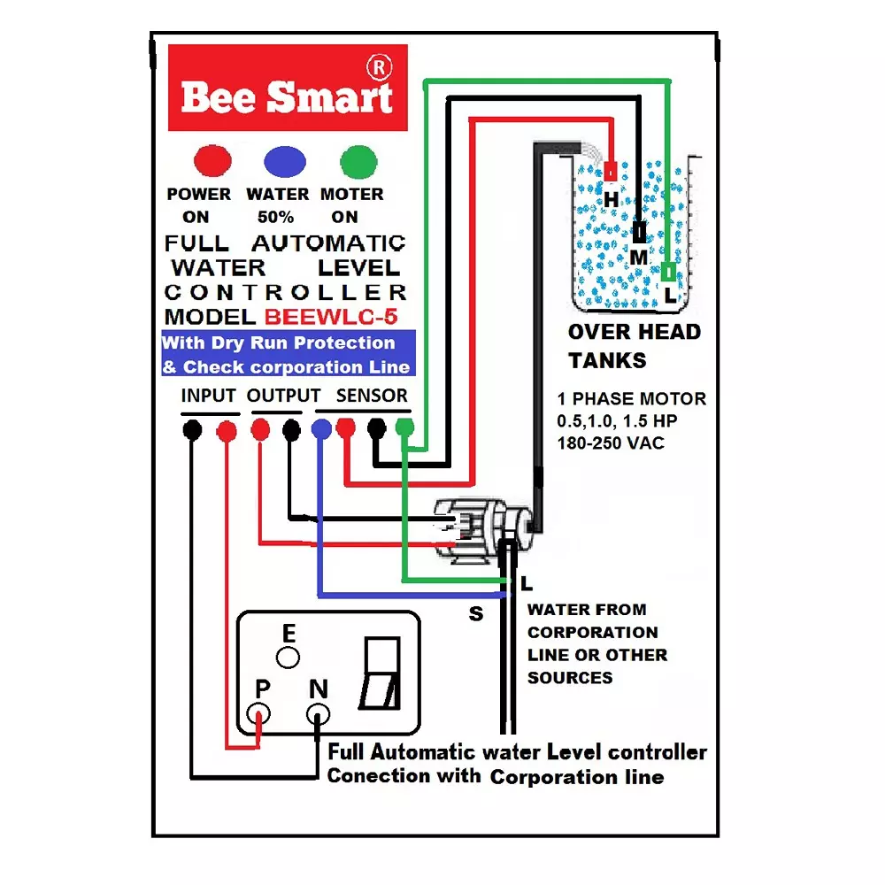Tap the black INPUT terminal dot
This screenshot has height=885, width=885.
pos(192,430)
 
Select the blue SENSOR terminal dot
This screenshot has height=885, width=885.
pos(321,428)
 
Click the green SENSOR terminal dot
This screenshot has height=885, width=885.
pos(404,428)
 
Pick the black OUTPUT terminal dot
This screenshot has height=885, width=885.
pos(291,430)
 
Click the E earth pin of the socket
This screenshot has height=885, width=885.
pos(288,658)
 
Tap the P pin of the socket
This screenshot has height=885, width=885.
pos(259,713)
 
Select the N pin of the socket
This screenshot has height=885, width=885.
pos(318,713)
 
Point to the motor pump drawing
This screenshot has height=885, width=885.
pos(473,529)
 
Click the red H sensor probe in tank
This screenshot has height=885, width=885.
pos(611,171)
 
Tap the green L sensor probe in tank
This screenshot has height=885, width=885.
pos(668,271)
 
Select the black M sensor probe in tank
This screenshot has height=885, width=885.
pos(639,234)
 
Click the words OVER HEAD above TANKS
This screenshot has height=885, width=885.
pos(634,333)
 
